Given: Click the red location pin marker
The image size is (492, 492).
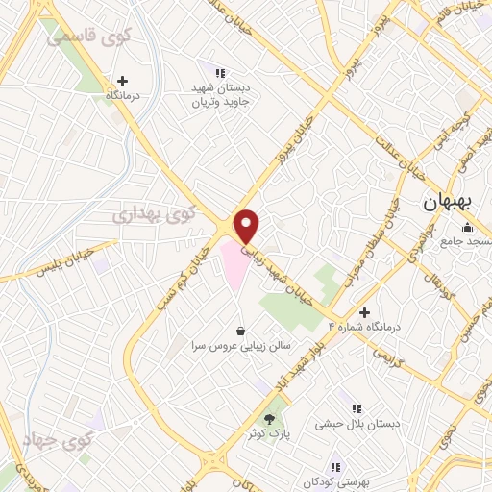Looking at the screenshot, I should pos(248,226).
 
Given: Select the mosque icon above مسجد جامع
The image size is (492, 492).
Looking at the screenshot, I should pos(467,227).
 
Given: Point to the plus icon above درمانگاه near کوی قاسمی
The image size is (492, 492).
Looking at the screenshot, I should pos(122,81).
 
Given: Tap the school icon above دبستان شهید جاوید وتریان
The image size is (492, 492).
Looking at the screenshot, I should pos(219,72).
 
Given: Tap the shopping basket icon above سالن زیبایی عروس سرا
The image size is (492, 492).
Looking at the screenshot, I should pos(239,329).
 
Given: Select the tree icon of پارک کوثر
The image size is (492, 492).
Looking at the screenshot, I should pos(269,419).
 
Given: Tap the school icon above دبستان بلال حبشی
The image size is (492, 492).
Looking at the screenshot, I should pos(357,408).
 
